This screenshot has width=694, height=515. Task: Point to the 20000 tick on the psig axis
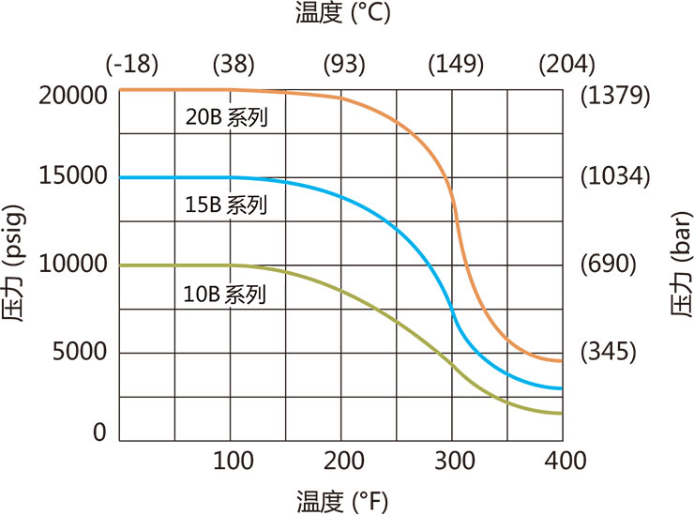[74, 95]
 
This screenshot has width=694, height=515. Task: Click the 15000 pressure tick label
[74, 177]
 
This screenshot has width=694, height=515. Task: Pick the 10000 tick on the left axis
[74, 265]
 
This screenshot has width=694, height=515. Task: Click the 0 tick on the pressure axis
[99, 433]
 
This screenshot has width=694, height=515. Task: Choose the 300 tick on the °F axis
[454, 461]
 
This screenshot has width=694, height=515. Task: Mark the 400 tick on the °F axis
[565, 461]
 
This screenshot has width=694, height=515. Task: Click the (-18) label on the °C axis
[132, 65]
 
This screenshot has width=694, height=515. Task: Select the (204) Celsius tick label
[567, 65]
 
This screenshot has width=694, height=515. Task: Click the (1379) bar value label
[615, 95]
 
